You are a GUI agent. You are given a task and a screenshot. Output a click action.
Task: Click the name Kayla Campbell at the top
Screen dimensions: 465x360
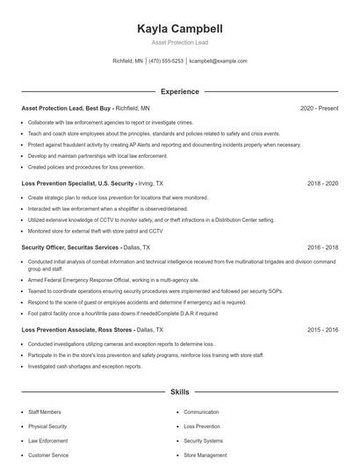pos(179,28)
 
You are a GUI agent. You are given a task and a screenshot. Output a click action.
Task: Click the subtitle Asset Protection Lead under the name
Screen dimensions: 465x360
pos(179,42)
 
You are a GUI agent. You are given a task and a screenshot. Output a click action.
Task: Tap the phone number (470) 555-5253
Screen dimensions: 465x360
pos(166,61)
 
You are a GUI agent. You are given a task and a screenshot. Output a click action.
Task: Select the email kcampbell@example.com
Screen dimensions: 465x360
pos(219,61)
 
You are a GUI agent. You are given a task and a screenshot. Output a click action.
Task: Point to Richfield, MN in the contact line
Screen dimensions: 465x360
pos(128,61)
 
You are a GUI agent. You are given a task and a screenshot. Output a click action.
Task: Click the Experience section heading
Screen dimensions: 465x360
pos(179,91)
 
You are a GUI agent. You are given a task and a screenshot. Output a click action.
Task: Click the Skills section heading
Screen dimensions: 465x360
pos(179,393)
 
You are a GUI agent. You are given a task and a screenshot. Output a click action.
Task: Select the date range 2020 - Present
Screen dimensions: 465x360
pos(319,108)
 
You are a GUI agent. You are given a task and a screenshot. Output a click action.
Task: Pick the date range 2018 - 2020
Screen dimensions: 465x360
pos(322,183)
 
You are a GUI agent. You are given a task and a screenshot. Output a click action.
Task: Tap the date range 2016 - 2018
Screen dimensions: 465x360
pos(322,247)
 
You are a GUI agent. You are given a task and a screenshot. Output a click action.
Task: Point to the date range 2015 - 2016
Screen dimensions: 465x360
pos(322,329)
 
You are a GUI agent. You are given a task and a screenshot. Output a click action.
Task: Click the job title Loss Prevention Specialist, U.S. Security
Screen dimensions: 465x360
pos(77,183)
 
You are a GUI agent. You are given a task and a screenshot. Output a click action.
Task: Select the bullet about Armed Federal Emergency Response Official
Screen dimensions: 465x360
pos(111,279)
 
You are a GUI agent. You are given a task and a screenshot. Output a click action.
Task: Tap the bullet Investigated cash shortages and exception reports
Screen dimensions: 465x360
pos(84,366)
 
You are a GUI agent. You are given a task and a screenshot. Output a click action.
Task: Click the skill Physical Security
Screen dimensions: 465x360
pos(48,426)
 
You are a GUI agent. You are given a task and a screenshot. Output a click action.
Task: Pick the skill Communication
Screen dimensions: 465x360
pos(201,411)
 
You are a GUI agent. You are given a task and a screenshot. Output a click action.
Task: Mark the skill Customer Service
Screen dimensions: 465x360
pos(48,455)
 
